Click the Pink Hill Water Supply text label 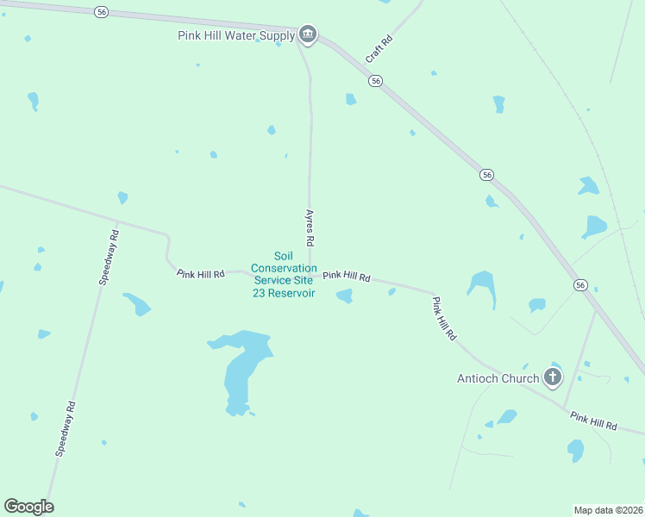[235, 35]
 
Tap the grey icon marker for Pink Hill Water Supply [308, 34]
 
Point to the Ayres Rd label [310, 227]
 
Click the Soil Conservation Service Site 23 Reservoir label [284, 274]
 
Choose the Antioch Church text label [498, 377]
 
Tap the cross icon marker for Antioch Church [552, 377]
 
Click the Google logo [28, 507]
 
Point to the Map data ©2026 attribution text [608, 509]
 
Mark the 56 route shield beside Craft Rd [375, 80]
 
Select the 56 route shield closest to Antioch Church [580, 284]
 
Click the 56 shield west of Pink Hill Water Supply [103, 11]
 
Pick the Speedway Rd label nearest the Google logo [66, 428]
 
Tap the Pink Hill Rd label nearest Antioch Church [594, 420]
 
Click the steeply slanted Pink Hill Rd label [444, 319]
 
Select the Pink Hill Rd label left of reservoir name [200, 274]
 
